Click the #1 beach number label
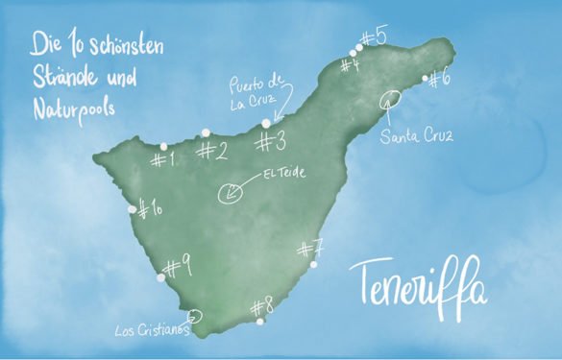163,158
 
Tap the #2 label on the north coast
211,150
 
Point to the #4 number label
350,65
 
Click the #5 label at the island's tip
374,37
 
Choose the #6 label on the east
438,80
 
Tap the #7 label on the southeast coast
310,250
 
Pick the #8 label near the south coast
262,307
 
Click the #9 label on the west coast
178,265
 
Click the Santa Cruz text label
415,136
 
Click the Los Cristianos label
148,331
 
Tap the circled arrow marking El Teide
232,193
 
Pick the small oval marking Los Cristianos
195,314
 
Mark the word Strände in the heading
60,74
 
